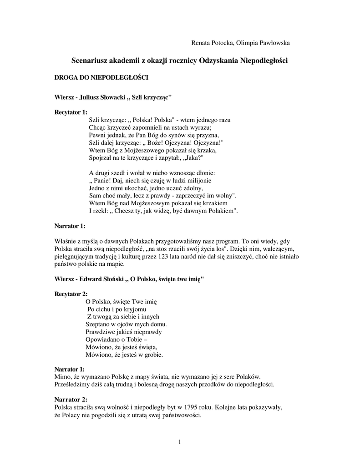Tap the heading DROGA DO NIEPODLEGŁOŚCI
101,78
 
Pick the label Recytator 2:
71,294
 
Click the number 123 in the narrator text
185,257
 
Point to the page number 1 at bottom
180,442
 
